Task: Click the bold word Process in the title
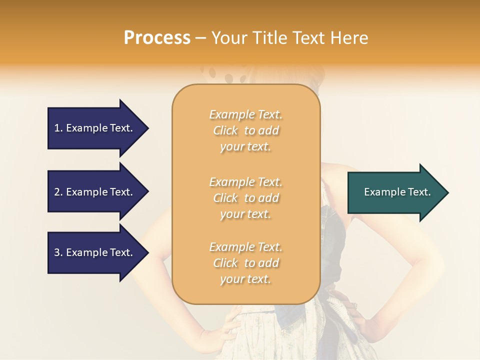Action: [157, 38]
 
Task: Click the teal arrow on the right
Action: [395, 192]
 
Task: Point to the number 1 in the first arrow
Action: [57, 128]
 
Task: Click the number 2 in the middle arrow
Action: [57, 192]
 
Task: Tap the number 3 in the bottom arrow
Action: [57, 252]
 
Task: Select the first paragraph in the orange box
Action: [245, 130]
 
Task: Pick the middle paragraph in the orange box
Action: [245, 198]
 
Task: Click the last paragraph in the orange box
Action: [245, 263]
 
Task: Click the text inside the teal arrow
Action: [397, 192]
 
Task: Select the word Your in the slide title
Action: [230, 38]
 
